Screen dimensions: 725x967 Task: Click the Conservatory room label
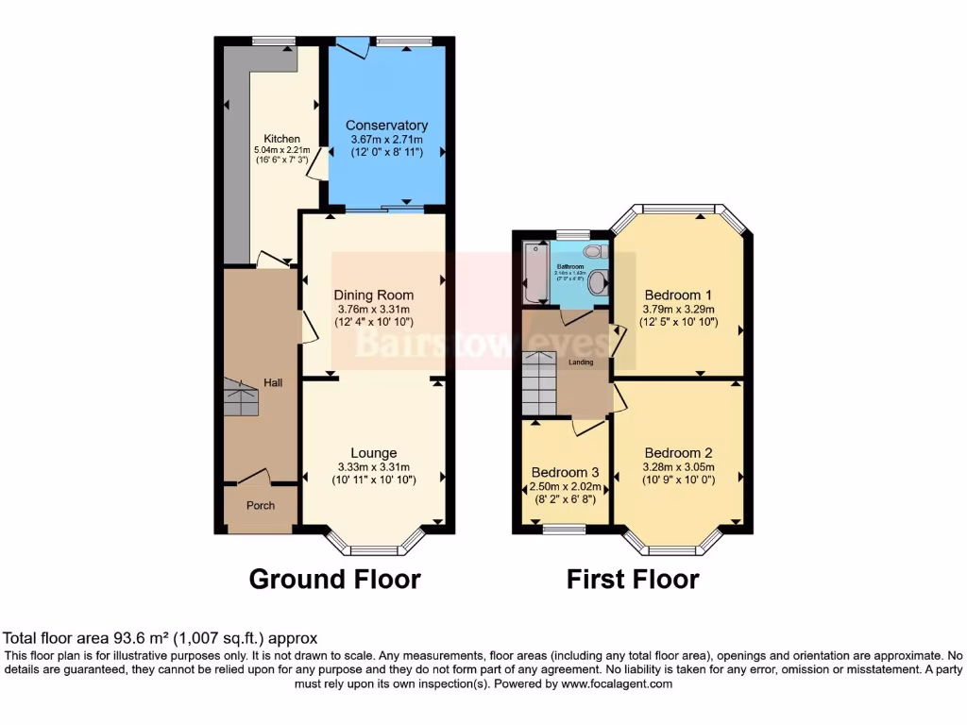386,125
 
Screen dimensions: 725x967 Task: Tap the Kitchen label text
281,139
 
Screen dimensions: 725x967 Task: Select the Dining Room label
373,295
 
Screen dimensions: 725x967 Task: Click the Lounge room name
373,452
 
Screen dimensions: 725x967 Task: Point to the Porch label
261,505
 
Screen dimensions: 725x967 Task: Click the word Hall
273,382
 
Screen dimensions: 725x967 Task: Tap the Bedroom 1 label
678,294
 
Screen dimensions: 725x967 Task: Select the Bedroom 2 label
678,452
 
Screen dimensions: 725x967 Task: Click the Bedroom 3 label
565,472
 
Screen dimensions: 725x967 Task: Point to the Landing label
580,362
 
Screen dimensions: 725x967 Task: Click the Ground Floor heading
334,579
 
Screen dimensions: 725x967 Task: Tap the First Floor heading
633,579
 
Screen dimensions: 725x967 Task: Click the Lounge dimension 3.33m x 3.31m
373,466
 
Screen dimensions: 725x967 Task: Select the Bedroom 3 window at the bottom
564,531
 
